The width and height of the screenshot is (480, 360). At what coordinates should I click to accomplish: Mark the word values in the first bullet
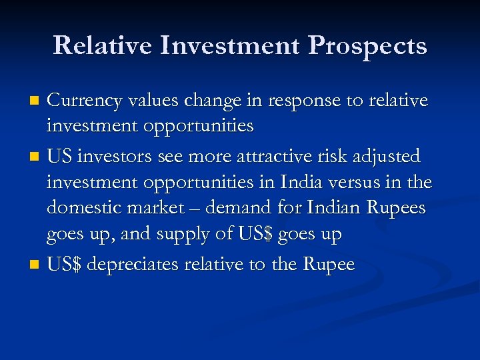[151, 101]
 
